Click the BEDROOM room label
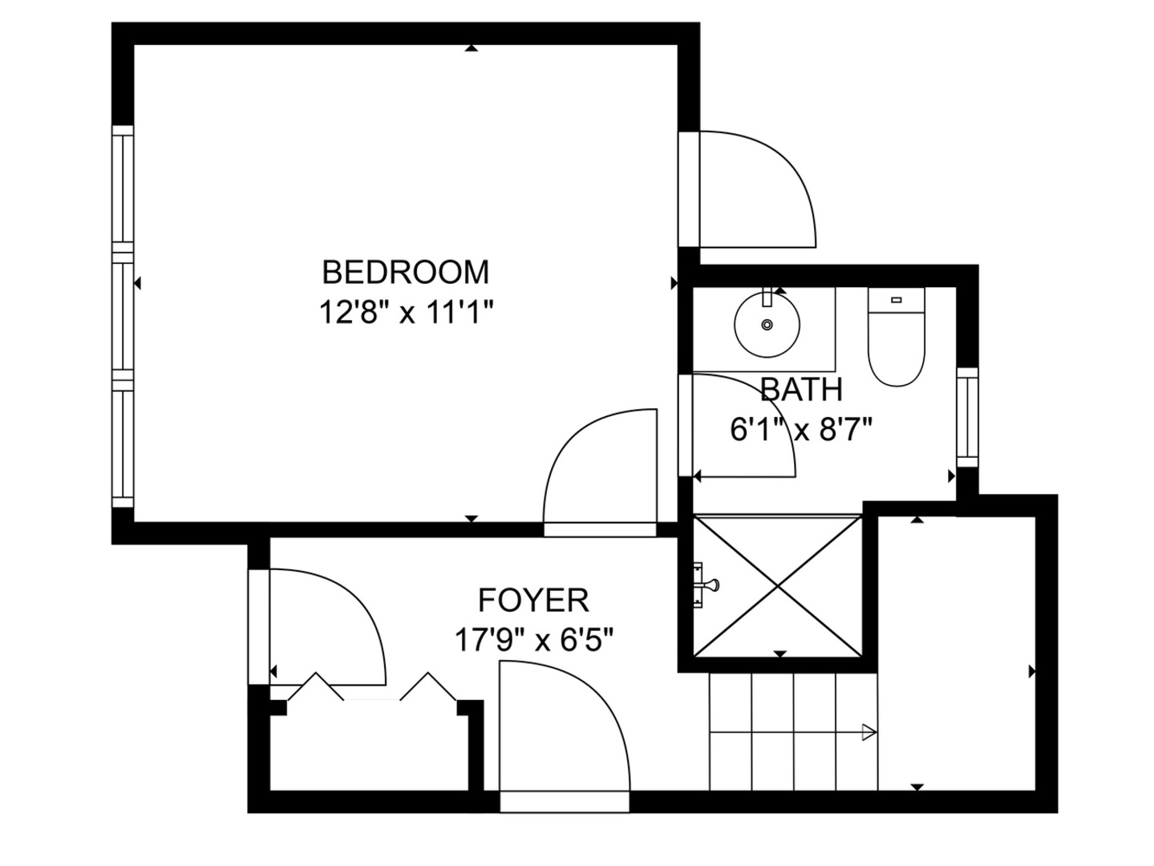click(405, 273)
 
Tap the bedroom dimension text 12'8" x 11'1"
click(405, 312)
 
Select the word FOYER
click(533, 600)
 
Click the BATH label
click(801, 390)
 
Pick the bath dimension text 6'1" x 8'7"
click(800, 431)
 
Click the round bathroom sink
click(767, 325)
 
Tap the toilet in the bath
click(896, 338)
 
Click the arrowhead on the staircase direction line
click(869, 731)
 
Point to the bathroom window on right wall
click(968, 417)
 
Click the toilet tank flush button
click(896, 300)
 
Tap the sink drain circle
click(767, 325)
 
